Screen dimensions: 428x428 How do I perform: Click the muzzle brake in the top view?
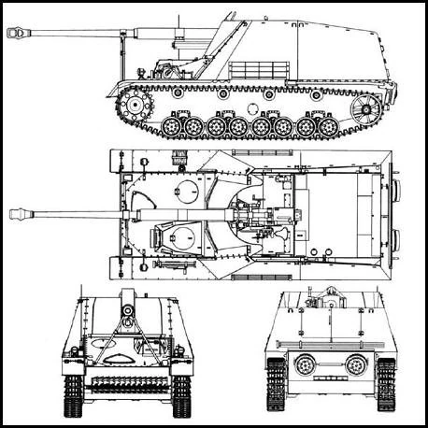[x=20, y=214]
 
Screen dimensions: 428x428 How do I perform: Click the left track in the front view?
[x=74, y=392]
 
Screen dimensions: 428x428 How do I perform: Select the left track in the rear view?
[x=276, y=385]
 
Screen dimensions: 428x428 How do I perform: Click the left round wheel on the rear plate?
[x=306, y=364]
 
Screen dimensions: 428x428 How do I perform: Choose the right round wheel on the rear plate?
[x=356, y=364]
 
